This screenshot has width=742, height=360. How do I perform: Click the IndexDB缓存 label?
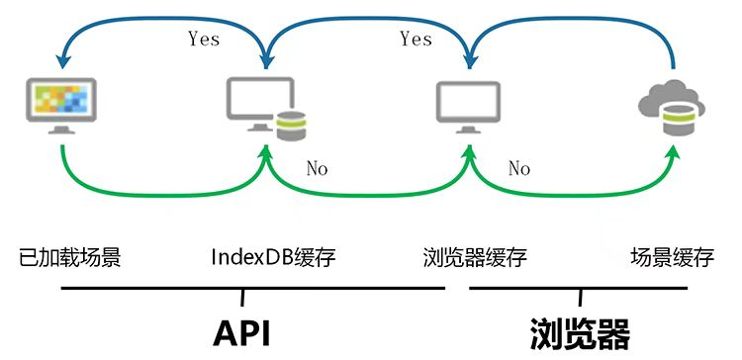[273, 259]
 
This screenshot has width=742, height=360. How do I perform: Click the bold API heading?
[241, 332]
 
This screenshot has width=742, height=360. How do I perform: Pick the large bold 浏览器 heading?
[580, 332]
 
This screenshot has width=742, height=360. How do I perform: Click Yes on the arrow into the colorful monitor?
[204, 40]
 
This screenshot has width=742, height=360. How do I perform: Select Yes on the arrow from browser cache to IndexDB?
[416, 39]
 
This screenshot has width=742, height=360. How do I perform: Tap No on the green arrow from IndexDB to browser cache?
[317, 169]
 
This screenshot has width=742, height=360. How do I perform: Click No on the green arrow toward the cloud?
[519, 169]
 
